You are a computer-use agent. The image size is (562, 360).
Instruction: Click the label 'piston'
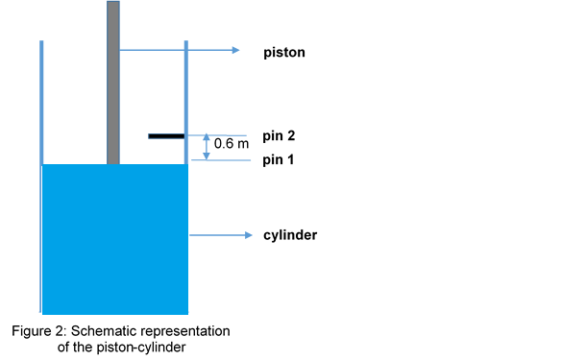283,52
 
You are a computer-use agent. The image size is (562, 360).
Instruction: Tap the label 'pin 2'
278,137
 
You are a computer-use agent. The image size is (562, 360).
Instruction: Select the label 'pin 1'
278,160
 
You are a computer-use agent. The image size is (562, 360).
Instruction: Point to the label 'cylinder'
290,235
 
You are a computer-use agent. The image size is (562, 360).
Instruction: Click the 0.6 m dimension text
231,143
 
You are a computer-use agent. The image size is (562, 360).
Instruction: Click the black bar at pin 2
166,136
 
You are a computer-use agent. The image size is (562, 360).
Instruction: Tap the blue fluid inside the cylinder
114,240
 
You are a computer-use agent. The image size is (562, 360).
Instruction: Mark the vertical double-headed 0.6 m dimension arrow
206,147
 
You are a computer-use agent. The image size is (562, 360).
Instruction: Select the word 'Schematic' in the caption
102,331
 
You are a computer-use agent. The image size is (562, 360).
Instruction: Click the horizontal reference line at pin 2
226,135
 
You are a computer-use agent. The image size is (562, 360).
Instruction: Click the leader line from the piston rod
173,50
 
